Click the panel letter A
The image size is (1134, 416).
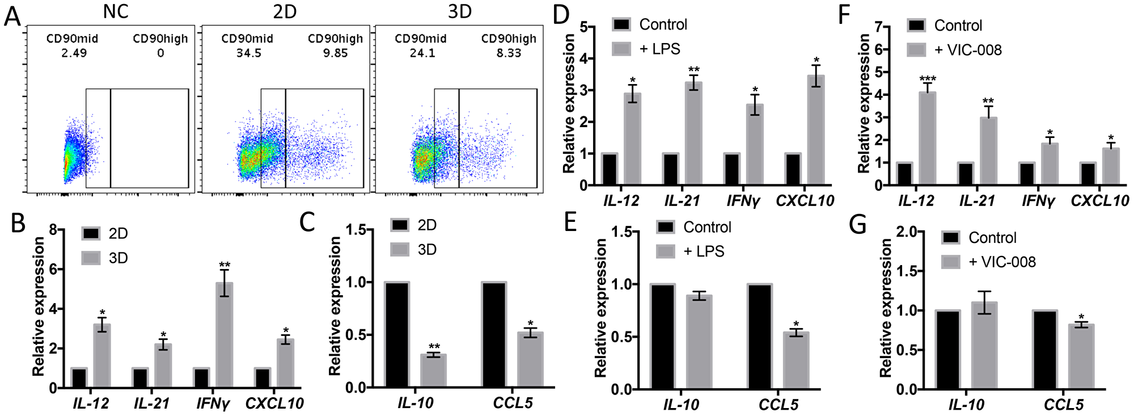pos(12,16)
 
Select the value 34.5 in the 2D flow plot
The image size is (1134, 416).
pos(248,53)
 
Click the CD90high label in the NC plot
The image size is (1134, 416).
pos(160,39)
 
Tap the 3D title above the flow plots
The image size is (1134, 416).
pos(459,11)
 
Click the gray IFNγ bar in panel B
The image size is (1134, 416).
pos(224,335)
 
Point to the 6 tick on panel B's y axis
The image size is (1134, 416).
pos(53,270)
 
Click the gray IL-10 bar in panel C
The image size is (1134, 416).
pos(433,371)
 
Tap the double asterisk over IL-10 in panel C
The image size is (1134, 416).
pos(434,347)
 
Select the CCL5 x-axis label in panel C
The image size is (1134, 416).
pos(513,404)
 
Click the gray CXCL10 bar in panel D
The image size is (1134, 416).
pos(816,130)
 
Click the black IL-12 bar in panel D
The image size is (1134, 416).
pos(610,169)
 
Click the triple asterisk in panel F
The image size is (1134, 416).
pos(928,79)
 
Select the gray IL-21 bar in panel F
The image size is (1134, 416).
pos(988,151)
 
